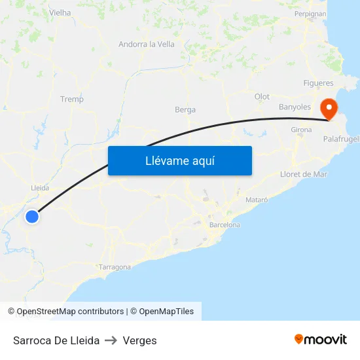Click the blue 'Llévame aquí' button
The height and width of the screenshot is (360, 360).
click(x=179, y=160)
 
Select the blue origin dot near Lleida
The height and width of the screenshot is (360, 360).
click(x=31, y=216)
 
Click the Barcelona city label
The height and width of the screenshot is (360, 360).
click(x=225, y=225)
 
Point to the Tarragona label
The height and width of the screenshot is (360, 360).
click(x=115, y=267)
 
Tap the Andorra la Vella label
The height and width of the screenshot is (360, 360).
click(x=147, y=45)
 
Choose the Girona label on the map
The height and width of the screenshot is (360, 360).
click(x=301, y=130)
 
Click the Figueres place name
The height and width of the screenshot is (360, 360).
click(x=319, y=83)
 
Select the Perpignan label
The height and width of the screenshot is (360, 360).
click(x=310, y=14)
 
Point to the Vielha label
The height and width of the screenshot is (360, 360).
click(x=60, y=12)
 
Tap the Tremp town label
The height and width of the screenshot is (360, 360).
click(x=72, y=99)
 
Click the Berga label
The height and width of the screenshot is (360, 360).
click(x=185, y=109)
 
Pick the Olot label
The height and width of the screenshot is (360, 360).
click(x=262, y=97)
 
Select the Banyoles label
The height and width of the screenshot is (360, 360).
click(x=295, y=107)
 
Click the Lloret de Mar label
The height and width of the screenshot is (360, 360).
click(x=303, y=174)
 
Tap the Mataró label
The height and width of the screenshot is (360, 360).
click(x=257, y=199)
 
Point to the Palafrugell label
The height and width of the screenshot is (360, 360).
click(x=341, y=139)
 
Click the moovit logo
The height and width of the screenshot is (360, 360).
click(x=321, y=340)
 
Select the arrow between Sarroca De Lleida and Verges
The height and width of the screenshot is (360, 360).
click(x=111, y=340)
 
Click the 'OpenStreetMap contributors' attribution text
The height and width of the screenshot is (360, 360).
click(x=70, y=312)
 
